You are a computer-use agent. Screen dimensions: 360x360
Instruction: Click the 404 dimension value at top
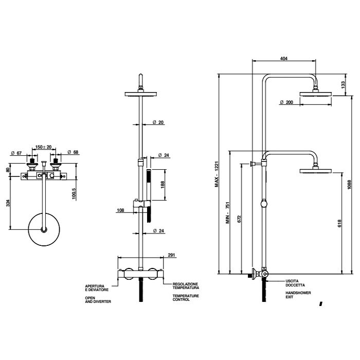pyautogui.click(x=283, y=59)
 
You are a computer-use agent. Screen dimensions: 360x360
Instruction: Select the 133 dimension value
pyautogui.click(x=344, y=84)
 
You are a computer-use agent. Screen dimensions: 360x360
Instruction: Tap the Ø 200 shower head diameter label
pyautogui.click(x=286, y=102)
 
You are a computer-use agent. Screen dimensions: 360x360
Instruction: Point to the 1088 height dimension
pyautogui.click(x=349, y=185)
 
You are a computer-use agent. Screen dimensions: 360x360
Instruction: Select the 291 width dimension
pyautogui.click(x=157, y=254)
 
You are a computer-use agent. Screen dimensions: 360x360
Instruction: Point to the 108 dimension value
pyautogui.click(x=121, y=210)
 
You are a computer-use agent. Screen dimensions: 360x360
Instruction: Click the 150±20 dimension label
pyautogui.click(x=43, y=147)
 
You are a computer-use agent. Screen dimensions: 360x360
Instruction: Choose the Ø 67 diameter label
pyautogui.click(x=16, y=153)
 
